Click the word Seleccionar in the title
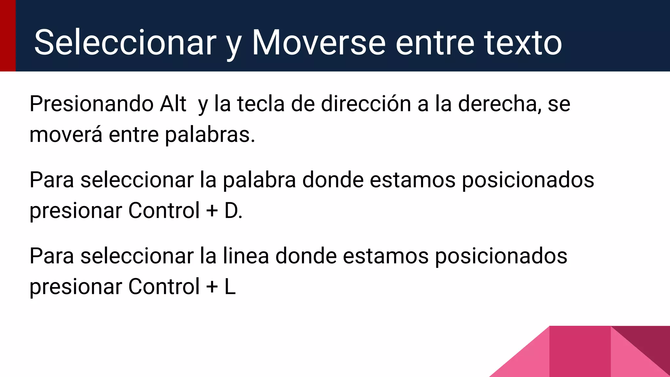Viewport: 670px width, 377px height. coord(125,43)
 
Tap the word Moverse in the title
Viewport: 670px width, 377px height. coord(319,43)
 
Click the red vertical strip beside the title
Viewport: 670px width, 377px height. coord(8,35)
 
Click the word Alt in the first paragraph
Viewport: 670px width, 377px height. coord(173,104)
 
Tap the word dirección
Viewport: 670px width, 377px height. coord(366,104)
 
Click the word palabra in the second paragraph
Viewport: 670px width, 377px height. coord(259,180)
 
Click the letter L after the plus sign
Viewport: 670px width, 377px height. coord(230,287)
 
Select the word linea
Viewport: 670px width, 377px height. coord(246,256)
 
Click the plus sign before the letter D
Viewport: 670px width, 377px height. coord(212,210)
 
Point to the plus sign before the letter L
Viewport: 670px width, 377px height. coord(212,287)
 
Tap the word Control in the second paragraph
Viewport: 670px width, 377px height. coord(164,210)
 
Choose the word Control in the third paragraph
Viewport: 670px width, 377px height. coord(164,287)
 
